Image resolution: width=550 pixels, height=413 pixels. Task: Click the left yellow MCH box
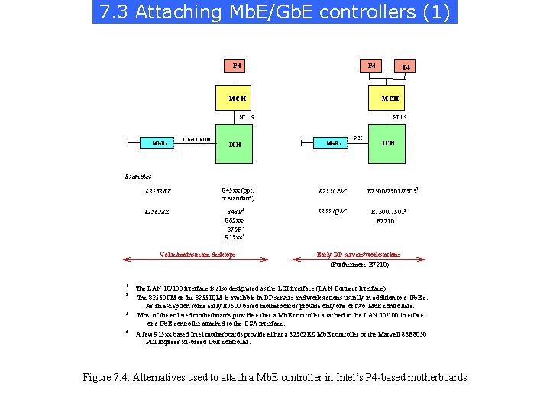click(x=237, y=99)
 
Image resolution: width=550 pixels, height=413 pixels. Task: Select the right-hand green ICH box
click(x=388, y=142)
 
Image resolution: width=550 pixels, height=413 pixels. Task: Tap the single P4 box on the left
click(x=237, y=66)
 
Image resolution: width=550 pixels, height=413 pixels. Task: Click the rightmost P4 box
click(x=406, y=67)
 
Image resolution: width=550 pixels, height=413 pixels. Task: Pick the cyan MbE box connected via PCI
click(x=333, y=143)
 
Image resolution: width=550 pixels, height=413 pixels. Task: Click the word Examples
click(x=138, y=177)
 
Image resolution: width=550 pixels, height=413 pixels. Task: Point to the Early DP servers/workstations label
click(x=358, y=255)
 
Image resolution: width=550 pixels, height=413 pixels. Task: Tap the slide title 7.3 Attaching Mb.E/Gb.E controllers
click(x=275, y=13)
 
